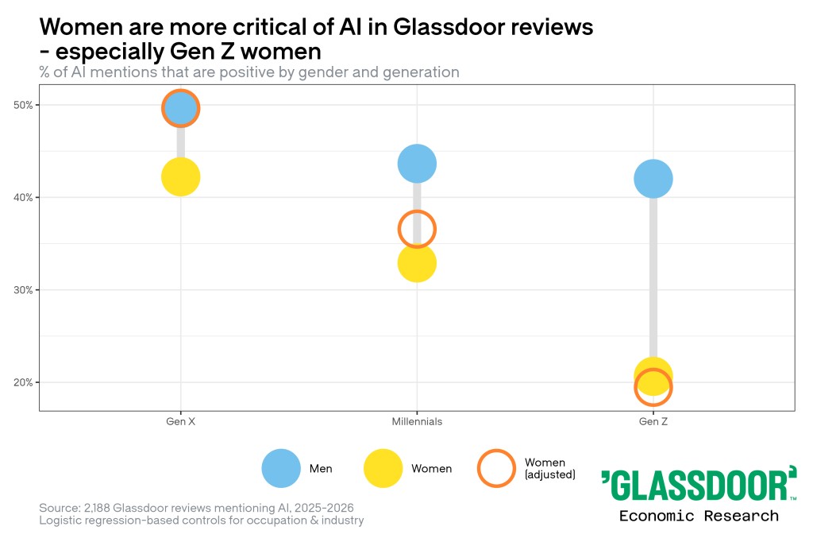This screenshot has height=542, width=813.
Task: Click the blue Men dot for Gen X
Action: [180, 108]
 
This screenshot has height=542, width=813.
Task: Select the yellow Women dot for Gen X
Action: [180, 177]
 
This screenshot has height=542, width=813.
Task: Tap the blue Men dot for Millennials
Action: [417, 164]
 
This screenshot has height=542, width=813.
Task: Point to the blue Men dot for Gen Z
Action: [653, 179]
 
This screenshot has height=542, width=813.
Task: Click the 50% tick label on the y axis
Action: [23, 105]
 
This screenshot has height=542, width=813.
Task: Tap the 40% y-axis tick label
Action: [23, 197]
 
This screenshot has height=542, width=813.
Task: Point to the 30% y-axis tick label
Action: [23, 290]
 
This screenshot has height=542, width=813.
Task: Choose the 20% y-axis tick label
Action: [23, 382]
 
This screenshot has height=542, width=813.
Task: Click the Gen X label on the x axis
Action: [180, 421]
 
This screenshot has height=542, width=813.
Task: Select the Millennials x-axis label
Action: [417, 421]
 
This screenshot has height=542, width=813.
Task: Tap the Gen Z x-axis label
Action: [653, 421]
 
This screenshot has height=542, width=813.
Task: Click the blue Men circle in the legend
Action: [281, 468]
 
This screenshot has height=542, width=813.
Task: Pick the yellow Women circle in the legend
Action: [383, 468]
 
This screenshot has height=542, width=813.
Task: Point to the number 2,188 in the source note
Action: [97, 508]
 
